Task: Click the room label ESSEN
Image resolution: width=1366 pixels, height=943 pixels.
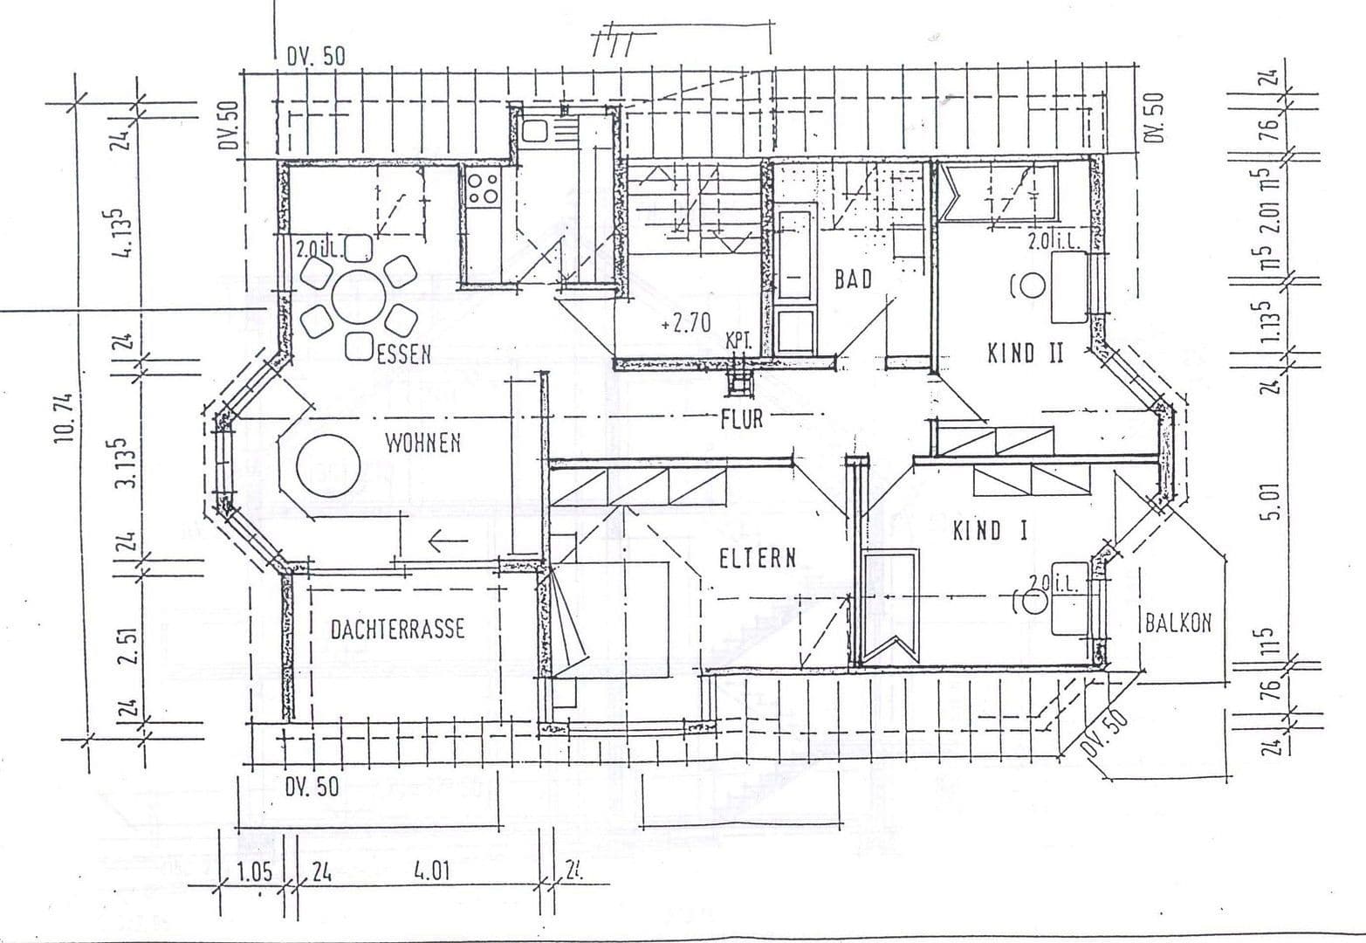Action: pos(403,354)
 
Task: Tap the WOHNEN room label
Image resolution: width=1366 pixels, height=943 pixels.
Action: pos(423,444)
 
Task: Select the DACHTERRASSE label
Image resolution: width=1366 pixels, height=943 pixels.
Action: pos(397,630)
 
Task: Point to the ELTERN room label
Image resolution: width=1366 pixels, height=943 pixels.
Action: pos(758,559)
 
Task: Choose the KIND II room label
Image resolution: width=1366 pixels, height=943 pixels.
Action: pos(1025,354)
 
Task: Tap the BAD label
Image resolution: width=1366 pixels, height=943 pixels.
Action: pos(853,279)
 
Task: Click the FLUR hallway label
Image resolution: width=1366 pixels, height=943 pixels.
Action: pos(742,419)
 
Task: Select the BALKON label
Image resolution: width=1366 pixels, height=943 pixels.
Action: pos(1177,623)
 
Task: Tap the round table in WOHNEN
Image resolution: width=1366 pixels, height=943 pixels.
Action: pos(328,467)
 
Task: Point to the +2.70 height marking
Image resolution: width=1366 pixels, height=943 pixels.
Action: pos(685,324)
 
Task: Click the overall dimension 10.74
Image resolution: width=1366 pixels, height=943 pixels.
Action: pos(64,418)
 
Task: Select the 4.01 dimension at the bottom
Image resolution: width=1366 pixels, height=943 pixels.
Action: pos(431,871)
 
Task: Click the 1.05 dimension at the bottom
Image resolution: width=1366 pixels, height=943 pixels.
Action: pos(254,871)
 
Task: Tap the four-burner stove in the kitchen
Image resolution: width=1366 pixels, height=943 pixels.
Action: pos(483,189)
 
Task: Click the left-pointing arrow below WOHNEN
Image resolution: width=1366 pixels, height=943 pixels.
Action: pos(448,542)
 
